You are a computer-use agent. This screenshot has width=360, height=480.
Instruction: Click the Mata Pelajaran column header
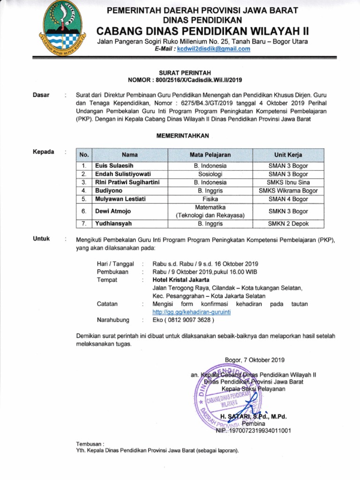point(210,154)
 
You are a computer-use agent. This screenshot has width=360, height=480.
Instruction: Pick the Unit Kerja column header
point(288,154)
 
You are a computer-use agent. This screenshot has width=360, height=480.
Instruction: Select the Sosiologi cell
point(210,174)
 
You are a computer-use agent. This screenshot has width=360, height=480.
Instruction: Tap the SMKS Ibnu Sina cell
point(288,182)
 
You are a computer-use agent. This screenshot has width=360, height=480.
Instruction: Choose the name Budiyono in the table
point(109,191)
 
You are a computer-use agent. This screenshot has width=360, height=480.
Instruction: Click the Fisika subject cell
point(210,199)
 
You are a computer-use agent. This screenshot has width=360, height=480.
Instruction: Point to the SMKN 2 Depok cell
point(288,224)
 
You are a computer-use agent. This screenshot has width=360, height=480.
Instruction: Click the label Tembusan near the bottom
point(89,443)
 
